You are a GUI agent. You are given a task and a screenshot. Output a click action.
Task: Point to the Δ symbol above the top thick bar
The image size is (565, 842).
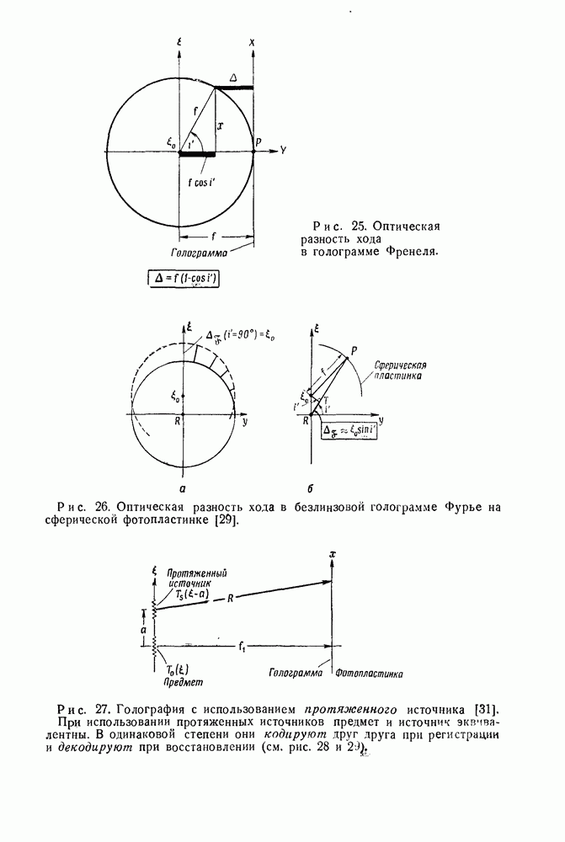[x=233, y=77]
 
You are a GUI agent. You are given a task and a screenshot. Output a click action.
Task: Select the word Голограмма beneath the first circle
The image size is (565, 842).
[x=197, y=251]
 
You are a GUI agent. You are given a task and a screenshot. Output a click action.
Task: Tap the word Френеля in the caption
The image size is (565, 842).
[x=412, y=251]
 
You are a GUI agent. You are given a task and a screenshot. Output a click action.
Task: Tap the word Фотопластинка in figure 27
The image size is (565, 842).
[x=369, y=674]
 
